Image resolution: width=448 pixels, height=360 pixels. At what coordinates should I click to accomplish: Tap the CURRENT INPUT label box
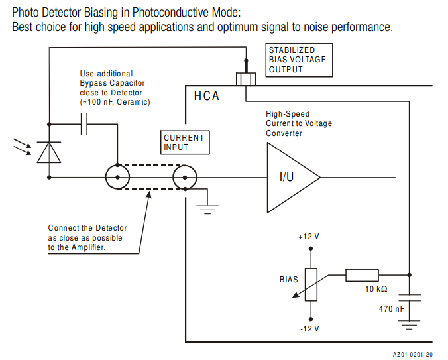coord(184,142)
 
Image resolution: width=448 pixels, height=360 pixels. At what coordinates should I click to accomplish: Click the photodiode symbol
coord(49,152)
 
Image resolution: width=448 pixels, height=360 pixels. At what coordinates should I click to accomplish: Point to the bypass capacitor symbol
coord(84,124)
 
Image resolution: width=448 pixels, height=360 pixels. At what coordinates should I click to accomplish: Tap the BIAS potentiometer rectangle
coord(310,284)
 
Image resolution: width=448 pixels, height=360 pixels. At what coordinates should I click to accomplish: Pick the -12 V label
coord(309,329)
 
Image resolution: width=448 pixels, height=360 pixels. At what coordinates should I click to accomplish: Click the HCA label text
coord(206,97)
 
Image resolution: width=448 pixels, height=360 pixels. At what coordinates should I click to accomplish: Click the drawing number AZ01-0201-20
coord(413,355)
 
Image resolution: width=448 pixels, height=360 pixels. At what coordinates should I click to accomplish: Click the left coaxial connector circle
coord(118,178)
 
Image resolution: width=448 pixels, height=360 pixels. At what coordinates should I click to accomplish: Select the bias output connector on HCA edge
coord(245,79)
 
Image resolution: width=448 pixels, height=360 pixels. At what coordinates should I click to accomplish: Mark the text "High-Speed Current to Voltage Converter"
coord(299,123)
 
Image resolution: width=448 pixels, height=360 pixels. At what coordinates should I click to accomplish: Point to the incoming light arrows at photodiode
coord(22,146)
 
